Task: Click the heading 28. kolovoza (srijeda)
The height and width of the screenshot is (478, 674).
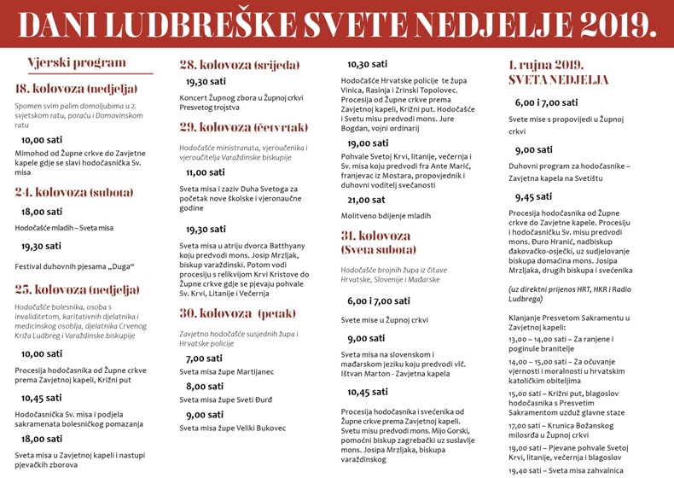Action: click(239, 65)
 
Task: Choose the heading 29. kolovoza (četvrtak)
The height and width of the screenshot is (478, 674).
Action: click(243, 127)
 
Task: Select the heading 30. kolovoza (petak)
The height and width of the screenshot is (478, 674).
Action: click(237, 312)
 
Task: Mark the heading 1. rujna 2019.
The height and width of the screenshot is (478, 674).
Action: click(546, 65)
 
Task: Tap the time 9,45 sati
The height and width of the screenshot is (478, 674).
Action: click(534, 196)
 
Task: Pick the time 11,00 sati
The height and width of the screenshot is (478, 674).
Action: click(206, 172)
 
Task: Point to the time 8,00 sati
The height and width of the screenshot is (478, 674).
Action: click(205, 386)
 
